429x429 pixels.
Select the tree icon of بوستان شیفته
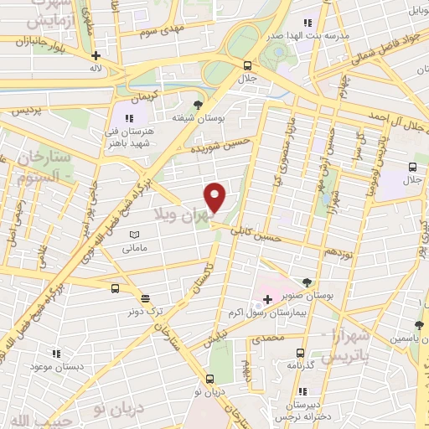198,104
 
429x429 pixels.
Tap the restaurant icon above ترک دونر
146,297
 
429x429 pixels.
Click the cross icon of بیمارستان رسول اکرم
267,299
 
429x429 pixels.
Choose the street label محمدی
269,339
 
